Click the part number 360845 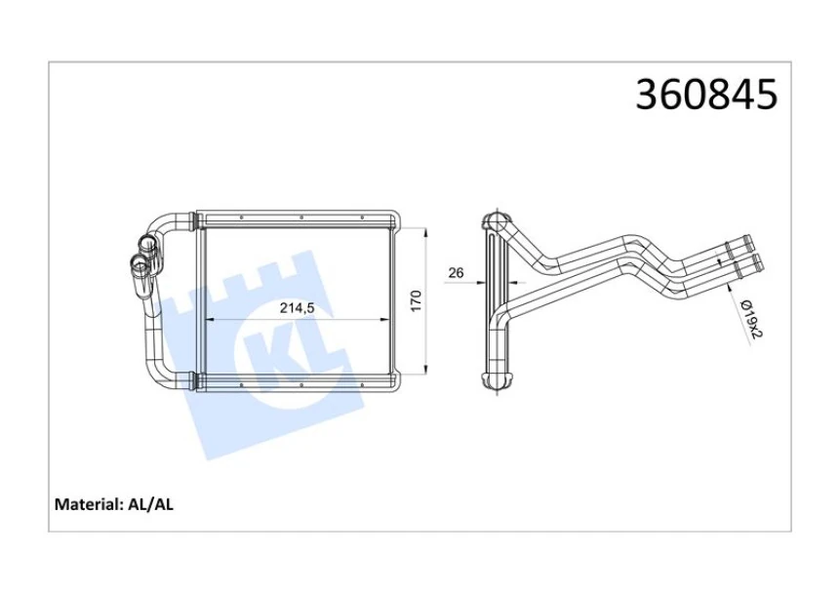pos(705,95)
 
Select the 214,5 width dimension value pos(297,308)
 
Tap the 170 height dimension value pos(416,301)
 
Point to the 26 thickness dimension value pos(456,273)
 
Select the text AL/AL pos(150,504)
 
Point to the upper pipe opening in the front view pos(145,243)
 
